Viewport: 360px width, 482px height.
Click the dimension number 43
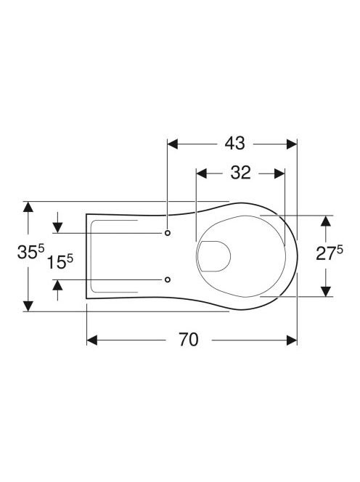pyautogui.click(x=234, y=144)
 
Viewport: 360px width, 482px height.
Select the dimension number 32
pyautogui.click(x=241, y=173)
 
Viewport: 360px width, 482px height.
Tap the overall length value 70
pyautogui.click(x=189, y=340)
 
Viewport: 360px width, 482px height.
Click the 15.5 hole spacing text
pyautogui.click(x=60, y=262)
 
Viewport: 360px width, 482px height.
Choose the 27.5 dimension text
pyautogui.click(x=330, y=253)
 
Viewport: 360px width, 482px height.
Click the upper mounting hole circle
pyautogui.click(x=168, y=233)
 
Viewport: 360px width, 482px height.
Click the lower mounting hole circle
pyautogui.click(x=168, y=279)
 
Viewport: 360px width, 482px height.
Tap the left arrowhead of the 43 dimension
pyautogui.click(x=173, y=144)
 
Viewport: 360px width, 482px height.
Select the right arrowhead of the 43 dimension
pyautogui.click(x=292, y=144)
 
